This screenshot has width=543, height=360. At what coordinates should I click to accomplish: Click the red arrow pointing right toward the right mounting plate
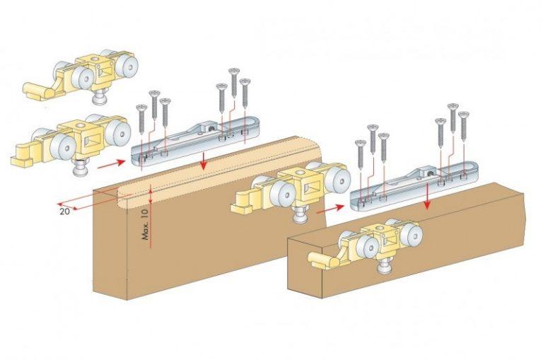tap(327, 209)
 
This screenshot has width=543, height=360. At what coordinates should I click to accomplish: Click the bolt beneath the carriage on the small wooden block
tap(385, 267)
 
